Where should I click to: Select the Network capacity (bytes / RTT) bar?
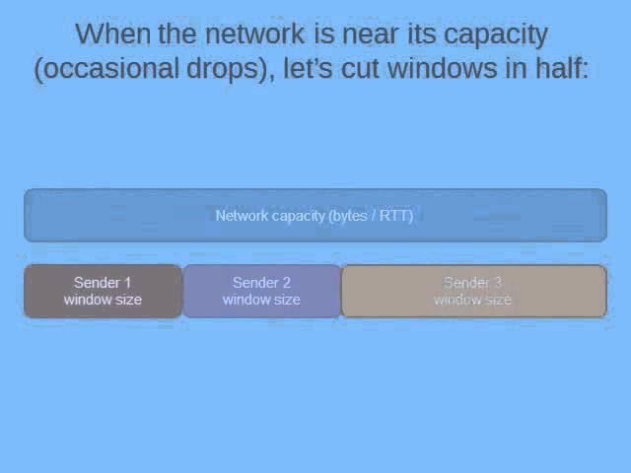(x=315, y=215)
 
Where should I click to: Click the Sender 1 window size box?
(x=103, y=291)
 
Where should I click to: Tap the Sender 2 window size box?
(x=261, y=291)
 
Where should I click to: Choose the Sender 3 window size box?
(x=473, y=291)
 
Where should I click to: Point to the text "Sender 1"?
(x=103, y=283)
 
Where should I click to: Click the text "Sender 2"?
(x=261, y=283)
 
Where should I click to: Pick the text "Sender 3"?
(x=472, y=283)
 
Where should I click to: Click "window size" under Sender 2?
(x=261, y=300)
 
